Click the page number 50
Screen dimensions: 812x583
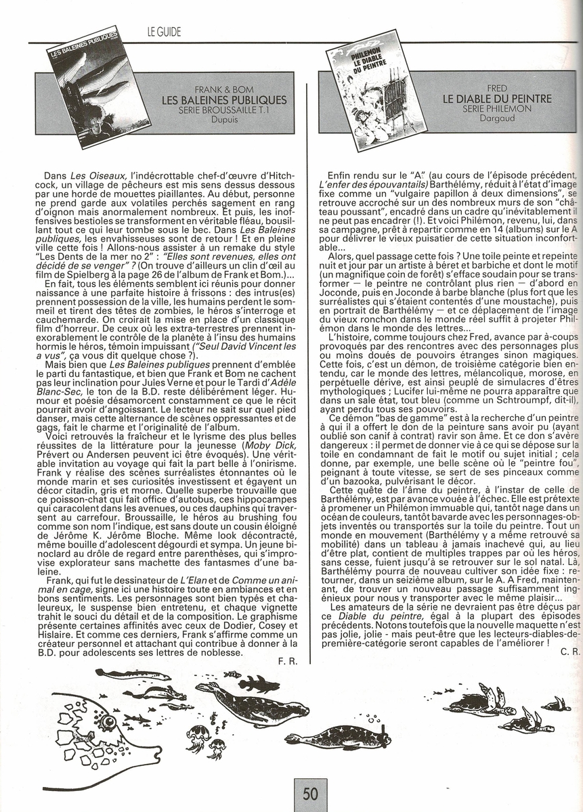point(310,792)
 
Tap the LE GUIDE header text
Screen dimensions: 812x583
point(164,30)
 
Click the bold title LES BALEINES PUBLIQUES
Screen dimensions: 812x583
point(224,100)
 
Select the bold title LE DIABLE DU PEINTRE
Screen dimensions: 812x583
point(497,99)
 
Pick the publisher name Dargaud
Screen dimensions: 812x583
point(497,116)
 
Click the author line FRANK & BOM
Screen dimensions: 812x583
point(224,89)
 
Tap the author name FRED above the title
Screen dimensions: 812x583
point(497,88)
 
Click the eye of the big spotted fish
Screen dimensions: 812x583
point(109,723)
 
